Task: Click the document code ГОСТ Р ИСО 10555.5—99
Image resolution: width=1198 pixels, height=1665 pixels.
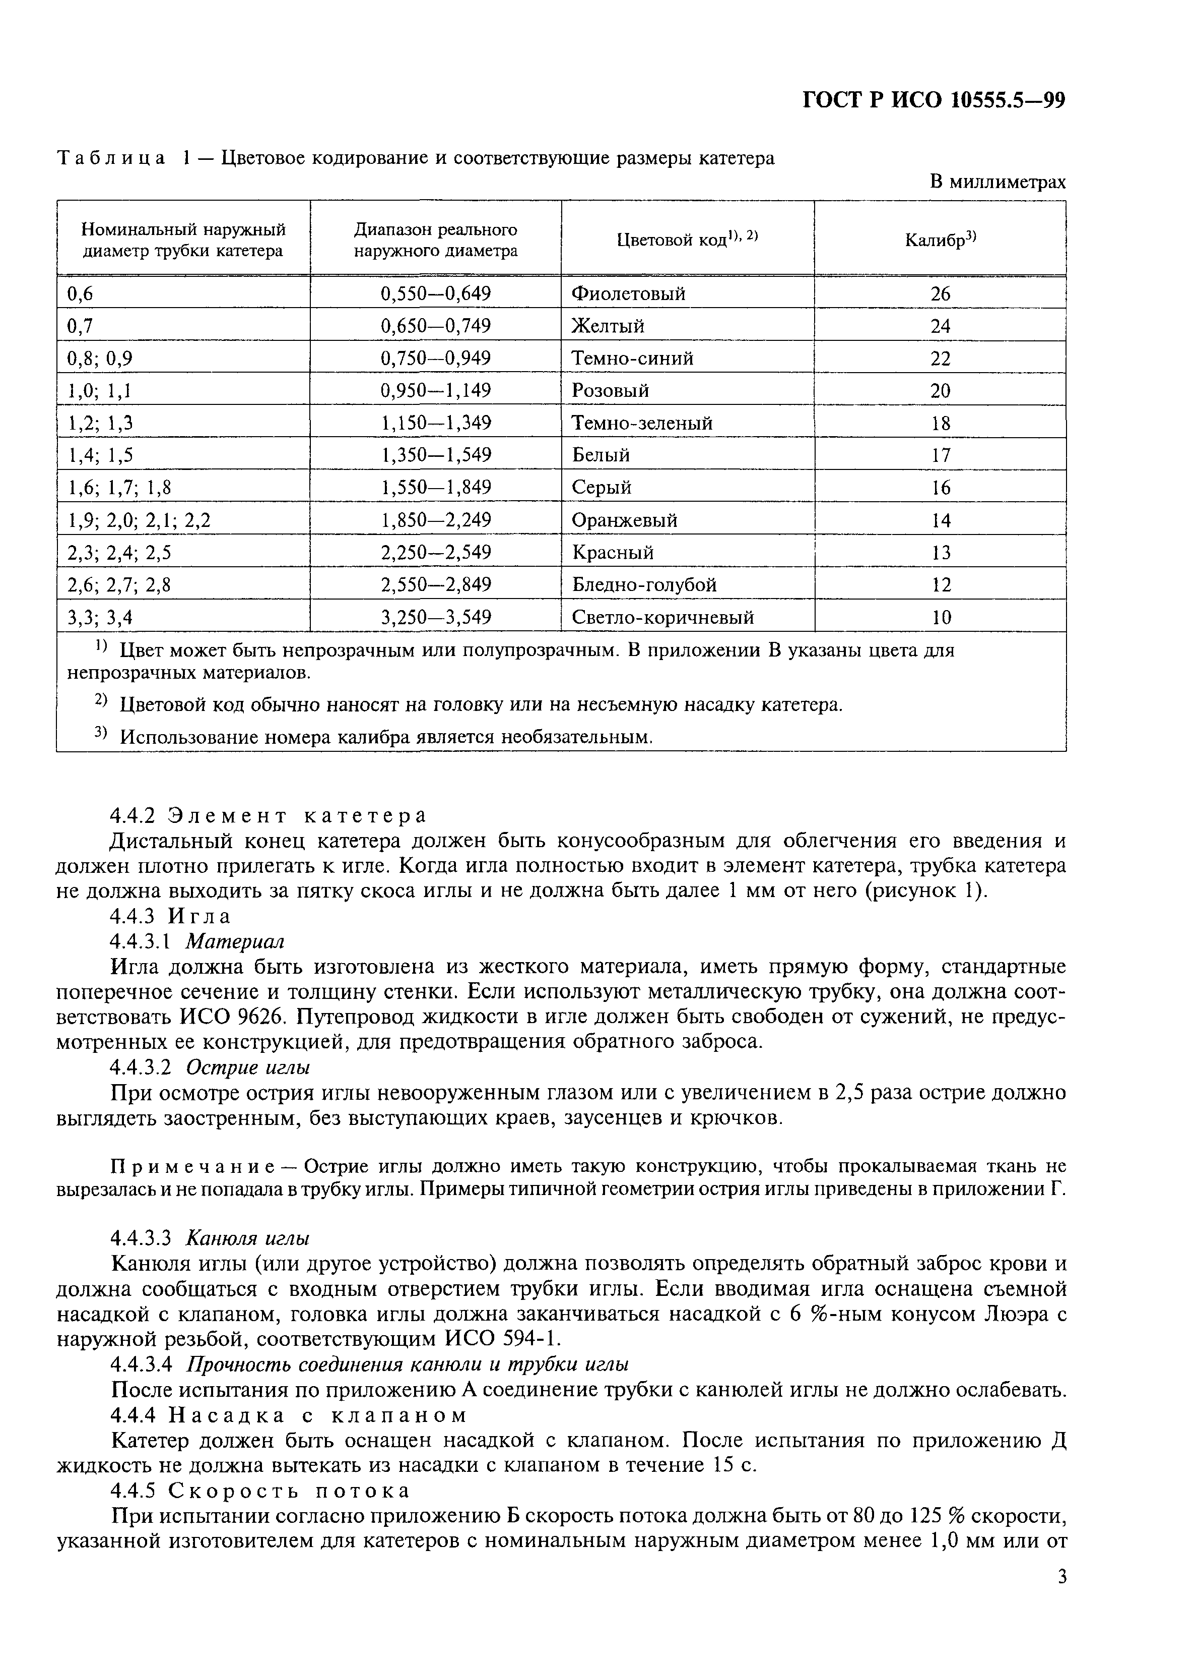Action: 933,100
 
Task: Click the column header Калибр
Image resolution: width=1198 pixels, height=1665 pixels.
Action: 940,240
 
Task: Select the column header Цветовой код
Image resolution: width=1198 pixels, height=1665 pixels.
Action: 687,240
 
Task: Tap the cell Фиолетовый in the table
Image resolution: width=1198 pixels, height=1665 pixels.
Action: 628,293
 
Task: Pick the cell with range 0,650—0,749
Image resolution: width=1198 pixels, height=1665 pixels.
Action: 435,326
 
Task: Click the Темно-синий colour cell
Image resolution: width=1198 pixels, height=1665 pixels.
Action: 632,358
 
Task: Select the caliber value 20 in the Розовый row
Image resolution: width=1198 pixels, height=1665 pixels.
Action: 940,391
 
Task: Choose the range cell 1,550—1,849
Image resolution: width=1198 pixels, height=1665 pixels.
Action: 435,488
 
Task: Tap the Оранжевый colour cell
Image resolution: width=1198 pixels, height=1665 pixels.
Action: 624,520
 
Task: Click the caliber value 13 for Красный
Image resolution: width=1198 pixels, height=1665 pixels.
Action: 940,553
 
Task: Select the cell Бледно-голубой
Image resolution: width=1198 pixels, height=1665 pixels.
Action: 643,585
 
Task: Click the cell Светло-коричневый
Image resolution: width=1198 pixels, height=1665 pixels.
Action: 662,617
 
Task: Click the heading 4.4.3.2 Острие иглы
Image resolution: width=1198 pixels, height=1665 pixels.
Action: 209,1066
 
